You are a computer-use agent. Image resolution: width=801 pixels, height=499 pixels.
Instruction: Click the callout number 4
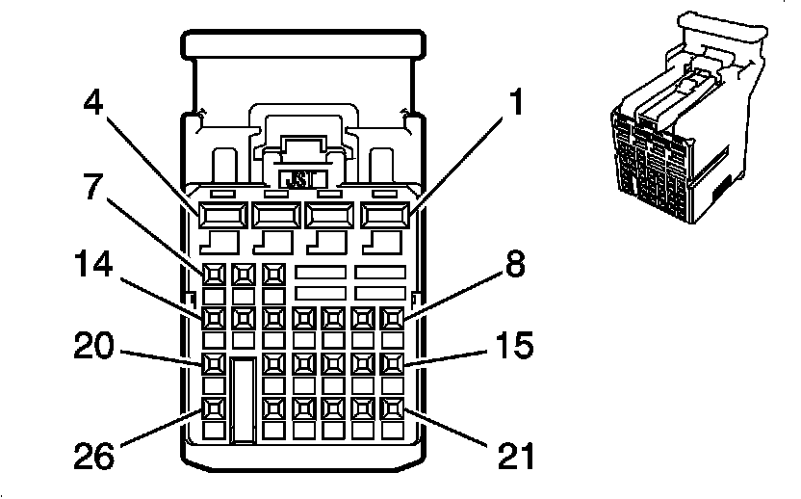(93, 102)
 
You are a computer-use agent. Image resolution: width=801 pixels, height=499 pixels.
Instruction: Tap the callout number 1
(516, 101)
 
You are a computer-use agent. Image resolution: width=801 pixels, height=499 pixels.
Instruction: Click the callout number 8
(514, 264)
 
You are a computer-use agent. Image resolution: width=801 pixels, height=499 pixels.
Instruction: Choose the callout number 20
(93, 345)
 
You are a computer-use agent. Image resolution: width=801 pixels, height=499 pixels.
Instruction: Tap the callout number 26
(94, 456)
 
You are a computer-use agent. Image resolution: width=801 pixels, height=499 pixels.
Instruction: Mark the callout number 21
(516, 456)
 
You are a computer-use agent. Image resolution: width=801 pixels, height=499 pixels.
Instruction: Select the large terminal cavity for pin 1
(385, 215)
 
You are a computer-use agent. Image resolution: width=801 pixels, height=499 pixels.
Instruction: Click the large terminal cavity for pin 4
(222, 215)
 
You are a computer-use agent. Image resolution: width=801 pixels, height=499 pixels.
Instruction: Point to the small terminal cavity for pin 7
(214, 276)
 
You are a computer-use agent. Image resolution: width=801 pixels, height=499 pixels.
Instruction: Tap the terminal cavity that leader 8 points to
(393, 319)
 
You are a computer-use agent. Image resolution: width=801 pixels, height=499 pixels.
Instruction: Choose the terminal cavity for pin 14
(214, 319)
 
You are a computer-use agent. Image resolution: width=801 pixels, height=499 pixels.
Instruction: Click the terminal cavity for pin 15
(393, 363)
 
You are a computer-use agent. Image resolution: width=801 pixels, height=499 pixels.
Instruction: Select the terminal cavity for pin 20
(214, 363)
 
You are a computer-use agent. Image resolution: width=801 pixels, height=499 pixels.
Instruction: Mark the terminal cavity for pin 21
(393, 408)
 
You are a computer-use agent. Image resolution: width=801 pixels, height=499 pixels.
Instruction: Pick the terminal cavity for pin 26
(214, 408)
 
